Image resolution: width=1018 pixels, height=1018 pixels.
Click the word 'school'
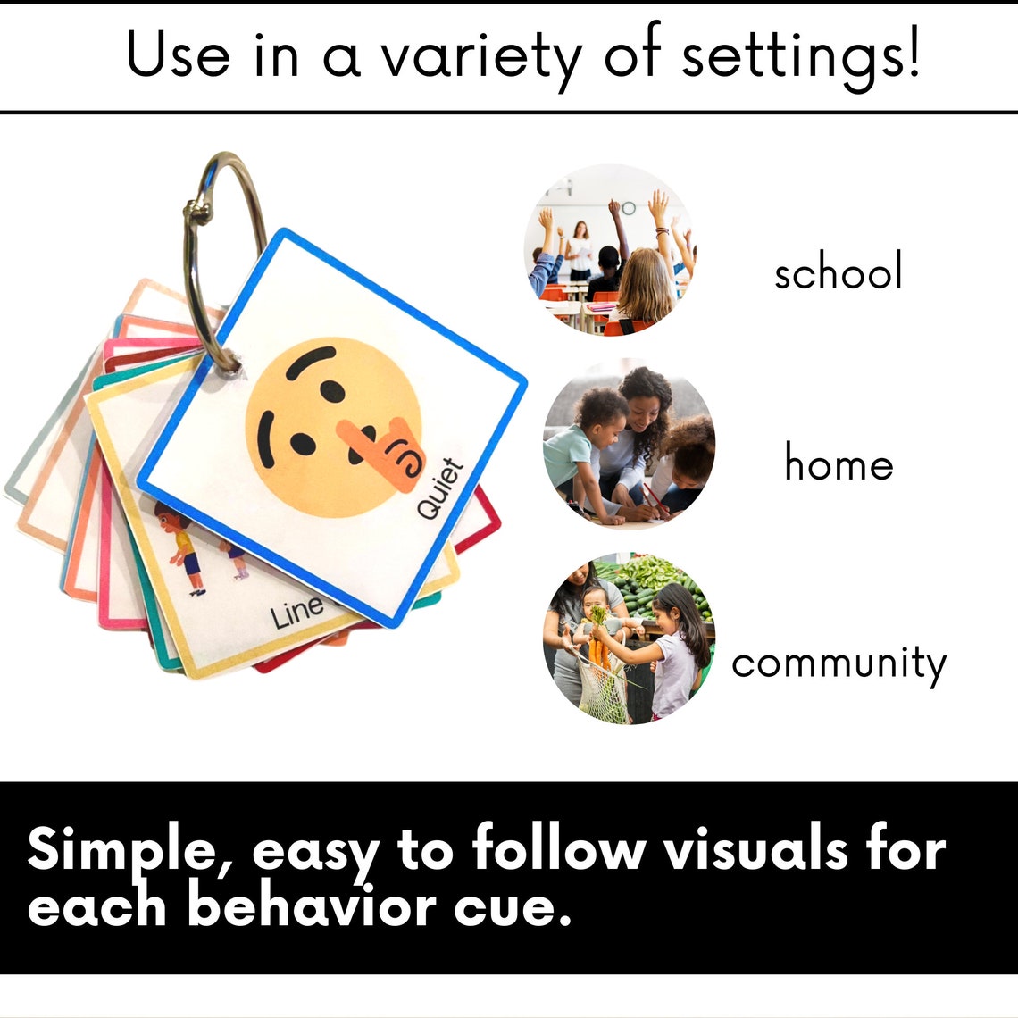[838, 271]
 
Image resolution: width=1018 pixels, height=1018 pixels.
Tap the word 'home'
[839, 463]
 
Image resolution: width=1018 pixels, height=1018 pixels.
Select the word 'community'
[839, 663]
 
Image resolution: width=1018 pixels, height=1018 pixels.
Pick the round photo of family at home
[629, 444]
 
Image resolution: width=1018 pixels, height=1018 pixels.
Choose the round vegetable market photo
[629, 638]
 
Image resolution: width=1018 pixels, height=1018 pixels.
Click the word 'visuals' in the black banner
[755, 849]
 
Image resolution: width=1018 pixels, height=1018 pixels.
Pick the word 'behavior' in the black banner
[313, 905]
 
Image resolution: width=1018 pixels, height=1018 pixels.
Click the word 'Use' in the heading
[178, 55]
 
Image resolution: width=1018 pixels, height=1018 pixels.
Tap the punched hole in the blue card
[230, 363]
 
